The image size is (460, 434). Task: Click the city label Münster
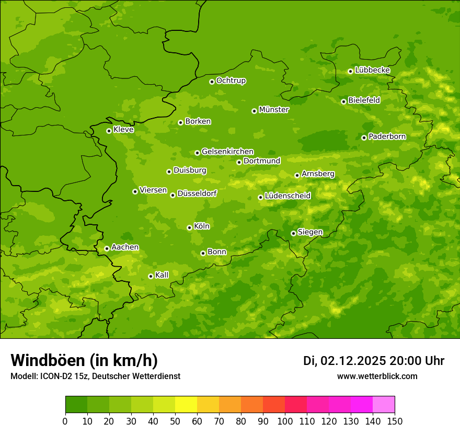pos(274,110)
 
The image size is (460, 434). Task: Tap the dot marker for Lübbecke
pos(350,71)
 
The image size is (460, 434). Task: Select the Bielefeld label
pos(364,100)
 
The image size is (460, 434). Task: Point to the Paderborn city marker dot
pos(364,138)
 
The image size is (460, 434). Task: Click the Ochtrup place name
pos(231,81)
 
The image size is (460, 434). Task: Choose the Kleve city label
pos(123,129)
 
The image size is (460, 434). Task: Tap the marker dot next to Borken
pos(180,122)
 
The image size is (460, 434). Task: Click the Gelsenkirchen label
pos(227,152)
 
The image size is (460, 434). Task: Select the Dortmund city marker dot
pos(239,162)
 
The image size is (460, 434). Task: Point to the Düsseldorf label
pos(197,193)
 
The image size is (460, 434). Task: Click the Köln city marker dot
pos(189,227)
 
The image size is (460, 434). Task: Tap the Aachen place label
pos(125,247)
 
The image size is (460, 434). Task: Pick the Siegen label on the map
pos(310,232)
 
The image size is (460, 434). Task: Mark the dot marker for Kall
pos(151,276)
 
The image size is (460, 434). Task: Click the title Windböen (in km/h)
pos(84,360)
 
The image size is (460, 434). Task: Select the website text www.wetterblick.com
pos(377,376)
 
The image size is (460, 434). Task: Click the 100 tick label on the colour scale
pos(285,421)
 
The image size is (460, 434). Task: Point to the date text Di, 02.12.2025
pos(344,361)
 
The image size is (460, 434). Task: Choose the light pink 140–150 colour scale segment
pos(384,405)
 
